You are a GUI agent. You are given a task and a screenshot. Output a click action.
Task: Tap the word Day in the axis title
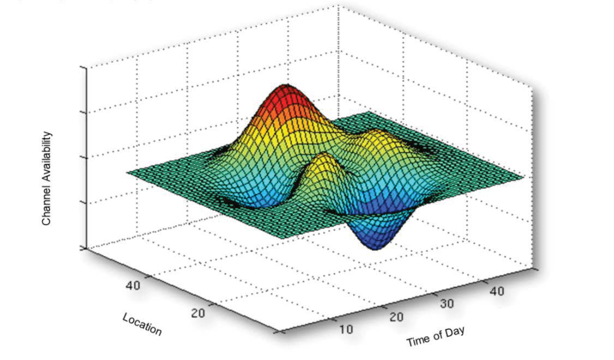(454, 331)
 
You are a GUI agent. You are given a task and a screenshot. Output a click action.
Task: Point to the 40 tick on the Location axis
(134, 285)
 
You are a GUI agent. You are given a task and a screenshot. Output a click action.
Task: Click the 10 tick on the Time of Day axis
(346, 329)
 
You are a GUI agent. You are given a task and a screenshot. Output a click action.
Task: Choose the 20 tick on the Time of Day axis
(396, 316)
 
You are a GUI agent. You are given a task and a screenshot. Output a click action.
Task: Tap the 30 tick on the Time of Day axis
(447, 304)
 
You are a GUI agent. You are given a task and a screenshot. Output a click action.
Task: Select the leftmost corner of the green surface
(128, 172)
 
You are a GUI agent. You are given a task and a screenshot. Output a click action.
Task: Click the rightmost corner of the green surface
(523, 178)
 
